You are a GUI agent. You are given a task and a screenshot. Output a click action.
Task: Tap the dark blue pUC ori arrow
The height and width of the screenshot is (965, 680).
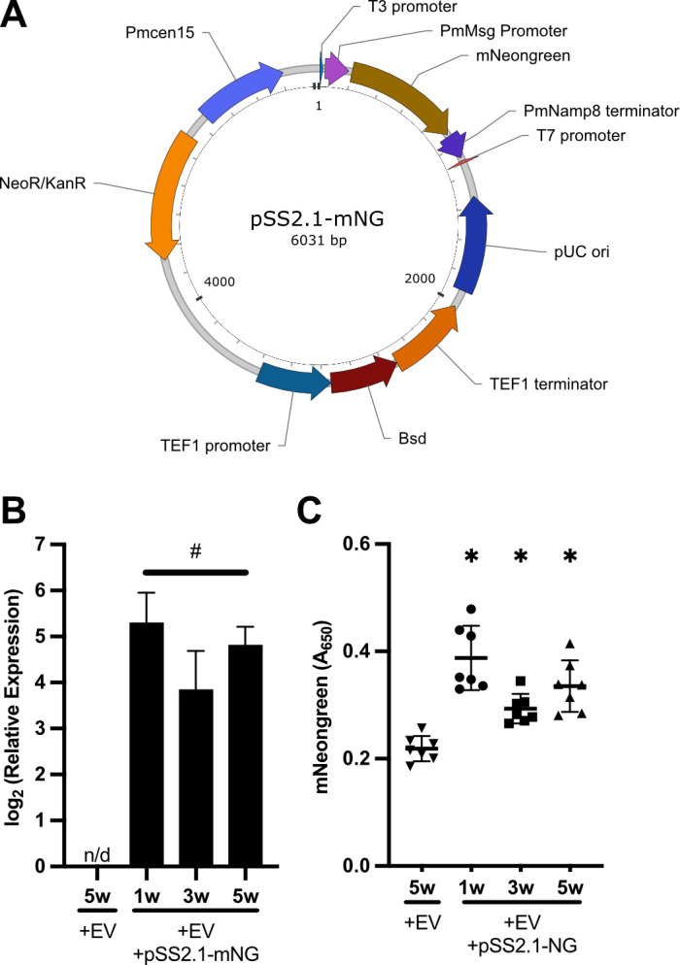473,247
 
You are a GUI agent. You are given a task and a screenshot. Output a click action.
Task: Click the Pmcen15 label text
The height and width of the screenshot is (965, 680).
159,32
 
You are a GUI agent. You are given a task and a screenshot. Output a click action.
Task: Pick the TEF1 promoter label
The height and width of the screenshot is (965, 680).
216,445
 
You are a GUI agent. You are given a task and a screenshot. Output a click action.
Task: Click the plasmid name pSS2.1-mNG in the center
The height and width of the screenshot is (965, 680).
318,218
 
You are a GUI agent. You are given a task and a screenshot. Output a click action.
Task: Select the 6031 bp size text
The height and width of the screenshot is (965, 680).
319,240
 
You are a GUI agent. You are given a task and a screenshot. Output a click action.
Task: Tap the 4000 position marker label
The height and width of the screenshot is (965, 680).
220,282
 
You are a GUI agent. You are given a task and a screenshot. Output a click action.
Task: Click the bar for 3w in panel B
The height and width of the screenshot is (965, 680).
196,778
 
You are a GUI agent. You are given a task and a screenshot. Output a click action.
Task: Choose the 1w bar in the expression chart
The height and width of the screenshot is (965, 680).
147,744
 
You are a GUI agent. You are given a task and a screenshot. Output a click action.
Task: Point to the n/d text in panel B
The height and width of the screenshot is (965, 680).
97,855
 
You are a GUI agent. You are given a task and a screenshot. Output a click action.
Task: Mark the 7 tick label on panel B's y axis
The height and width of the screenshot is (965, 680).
41,544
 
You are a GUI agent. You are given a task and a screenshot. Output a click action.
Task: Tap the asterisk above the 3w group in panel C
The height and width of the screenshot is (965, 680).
521,557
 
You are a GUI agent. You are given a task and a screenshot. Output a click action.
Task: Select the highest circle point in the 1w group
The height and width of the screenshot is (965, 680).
472,610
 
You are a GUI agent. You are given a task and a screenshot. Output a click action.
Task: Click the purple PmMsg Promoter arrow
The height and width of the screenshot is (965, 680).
336,69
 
